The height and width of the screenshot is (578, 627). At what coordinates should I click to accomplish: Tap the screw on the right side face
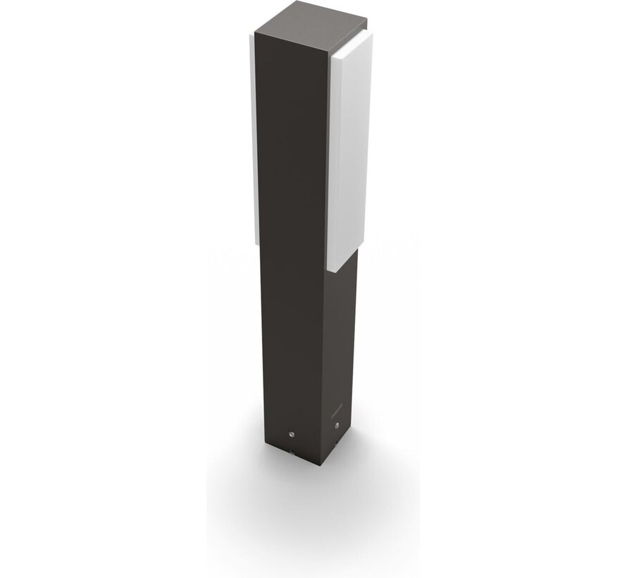click(x=337, y=426)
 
